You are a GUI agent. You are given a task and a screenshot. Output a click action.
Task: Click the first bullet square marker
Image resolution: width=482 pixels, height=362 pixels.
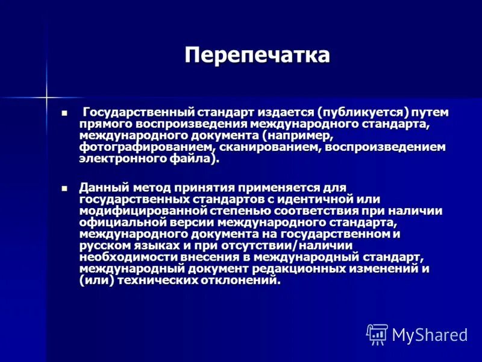(64, 113)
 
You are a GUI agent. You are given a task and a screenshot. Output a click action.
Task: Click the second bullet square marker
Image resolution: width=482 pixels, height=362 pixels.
(64, 188)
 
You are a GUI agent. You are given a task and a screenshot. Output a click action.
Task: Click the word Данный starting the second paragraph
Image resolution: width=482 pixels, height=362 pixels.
(102, 188)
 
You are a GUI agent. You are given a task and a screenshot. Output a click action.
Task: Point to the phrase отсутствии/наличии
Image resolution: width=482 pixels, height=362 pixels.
(283, 245)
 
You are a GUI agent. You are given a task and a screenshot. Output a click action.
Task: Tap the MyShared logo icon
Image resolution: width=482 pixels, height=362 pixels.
(377, 334)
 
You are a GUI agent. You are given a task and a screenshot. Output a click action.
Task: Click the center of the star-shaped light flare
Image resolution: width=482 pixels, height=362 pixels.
(46, 95)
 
